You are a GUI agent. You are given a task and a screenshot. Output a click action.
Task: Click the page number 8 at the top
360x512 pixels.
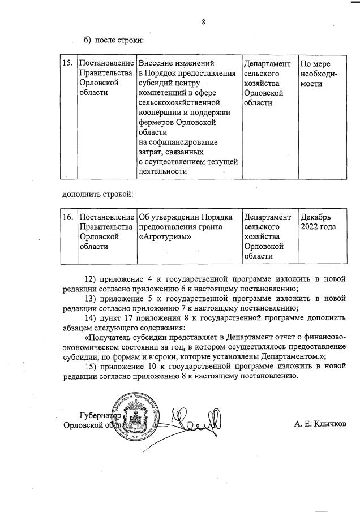[203, 23]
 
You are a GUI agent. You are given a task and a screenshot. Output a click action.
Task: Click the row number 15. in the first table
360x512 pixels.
[67, 64]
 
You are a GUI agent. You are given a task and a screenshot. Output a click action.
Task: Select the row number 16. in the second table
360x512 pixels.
[67, 217]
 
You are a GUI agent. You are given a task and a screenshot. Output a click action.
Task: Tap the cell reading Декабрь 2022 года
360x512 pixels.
[319, 222]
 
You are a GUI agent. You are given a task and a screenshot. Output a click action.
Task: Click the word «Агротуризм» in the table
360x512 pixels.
[162, 236]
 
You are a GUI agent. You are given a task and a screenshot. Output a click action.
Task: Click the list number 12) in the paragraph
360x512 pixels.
[90, 279]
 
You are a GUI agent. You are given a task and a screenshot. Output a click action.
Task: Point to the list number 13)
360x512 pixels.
[90, 299]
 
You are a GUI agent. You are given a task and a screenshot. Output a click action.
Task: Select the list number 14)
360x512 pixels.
[90, 318]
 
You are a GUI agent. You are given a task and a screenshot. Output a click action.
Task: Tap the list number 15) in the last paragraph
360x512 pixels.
[90, 367]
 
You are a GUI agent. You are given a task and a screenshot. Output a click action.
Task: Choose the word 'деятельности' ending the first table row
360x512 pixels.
[162, 171]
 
